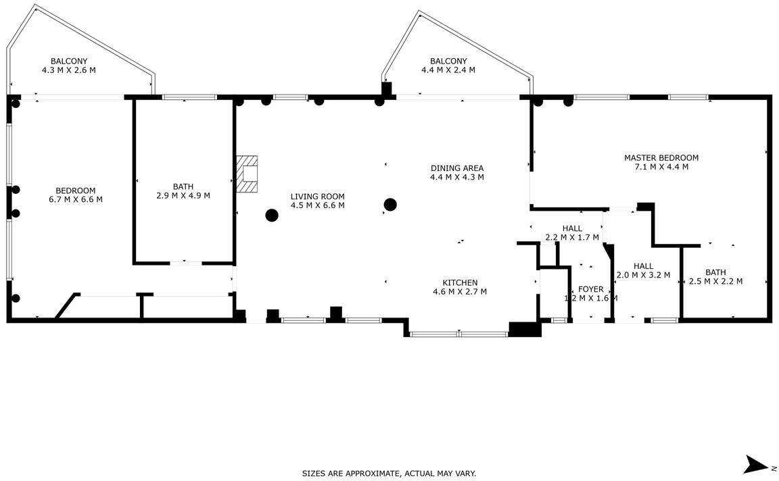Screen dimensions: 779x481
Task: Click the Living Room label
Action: pos(317,197)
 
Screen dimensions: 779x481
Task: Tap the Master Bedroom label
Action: pos(661,158)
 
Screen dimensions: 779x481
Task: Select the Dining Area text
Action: pos(457,168)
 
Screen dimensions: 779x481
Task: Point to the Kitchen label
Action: pos(460,283)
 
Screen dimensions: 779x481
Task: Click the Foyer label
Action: pos(591,289)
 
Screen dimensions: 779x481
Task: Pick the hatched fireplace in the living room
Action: pos(247,174)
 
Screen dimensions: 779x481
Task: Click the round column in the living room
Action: pos(272,216)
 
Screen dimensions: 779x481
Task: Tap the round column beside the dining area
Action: pos(390,205)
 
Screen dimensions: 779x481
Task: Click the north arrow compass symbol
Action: pos(756,465)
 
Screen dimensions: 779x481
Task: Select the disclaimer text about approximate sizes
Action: pos(389,474)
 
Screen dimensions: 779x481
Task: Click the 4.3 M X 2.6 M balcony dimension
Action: pos(69,70)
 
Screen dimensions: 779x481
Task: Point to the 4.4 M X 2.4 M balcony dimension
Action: pos(448,70)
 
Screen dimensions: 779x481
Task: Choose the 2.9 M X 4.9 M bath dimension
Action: pos(183,196)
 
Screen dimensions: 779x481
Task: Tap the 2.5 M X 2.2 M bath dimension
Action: pos(716,282)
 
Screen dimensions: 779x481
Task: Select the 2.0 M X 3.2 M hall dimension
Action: pos(643,275)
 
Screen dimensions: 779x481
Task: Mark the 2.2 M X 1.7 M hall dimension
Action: pos(572,237)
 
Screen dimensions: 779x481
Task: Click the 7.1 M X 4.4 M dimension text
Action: pos(661,167)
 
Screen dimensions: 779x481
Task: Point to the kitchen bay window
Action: pos(459,334)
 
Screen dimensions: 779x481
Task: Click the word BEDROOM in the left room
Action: pos(76,191)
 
